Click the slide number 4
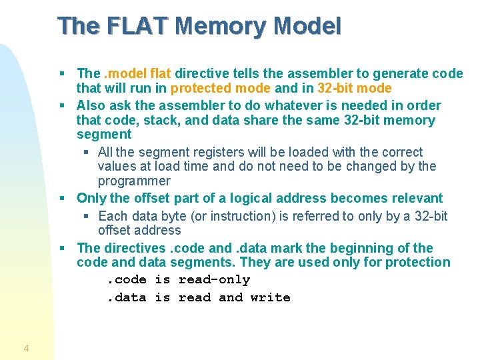coord(26,348)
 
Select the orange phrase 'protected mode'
coord(221,88)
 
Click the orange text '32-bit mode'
coord(355,88)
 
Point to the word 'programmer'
coord(134,181)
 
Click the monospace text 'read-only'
coord(214,280)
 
